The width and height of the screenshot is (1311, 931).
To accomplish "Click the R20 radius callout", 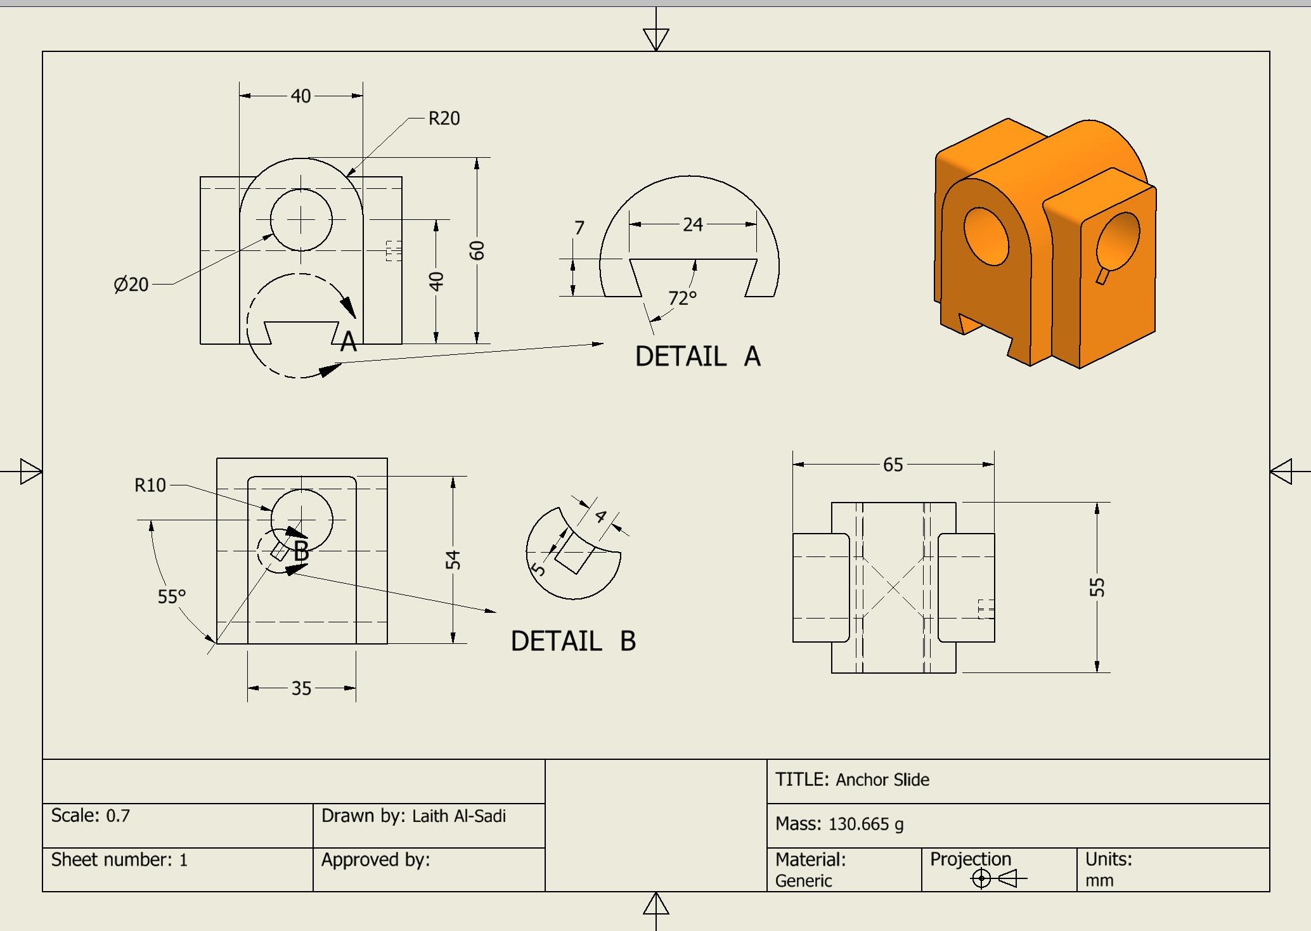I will (x=444, y=119).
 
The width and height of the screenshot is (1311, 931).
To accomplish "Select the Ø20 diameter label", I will (x=131, y=285).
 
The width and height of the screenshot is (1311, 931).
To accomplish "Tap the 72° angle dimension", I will (x=682, y=298).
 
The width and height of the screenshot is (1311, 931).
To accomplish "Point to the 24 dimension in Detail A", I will (x=692, y=224).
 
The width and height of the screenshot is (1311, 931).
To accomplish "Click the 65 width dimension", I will (x=893, y=465).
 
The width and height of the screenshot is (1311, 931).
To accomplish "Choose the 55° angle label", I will (x=172, y=596).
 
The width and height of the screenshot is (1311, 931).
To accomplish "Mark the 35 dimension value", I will (x=301, y=688).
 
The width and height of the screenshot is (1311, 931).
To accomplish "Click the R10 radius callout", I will (x=150, y=485).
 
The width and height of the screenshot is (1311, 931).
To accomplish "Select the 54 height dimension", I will (x=453, y=560).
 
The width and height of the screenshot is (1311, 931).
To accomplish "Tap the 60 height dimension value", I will (x=477, y=251).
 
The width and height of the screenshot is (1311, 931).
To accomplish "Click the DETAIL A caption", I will (x=697, y=356).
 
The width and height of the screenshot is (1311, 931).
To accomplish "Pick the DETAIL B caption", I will (x=573, y=641).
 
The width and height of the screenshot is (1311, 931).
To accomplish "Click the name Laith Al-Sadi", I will (x=458, y=816).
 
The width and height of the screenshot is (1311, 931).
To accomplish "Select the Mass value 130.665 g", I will (x=865, y=824).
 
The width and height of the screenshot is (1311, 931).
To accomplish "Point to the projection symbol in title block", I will (x=998, y=878).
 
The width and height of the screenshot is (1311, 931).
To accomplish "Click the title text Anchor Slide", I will (x=882, y=780).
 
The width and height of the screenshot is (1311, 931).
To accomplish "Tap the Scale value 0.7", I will (x=118, y=816).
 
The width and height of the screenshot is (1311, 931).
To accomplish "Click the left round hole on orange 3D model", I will (x=986, y=236).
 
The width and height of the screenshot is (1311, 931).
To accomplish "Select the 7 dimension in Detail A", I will (x=579, y=228).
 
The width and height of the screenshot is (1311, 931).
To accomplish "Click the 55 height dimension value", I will (x=1097, y=587).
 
